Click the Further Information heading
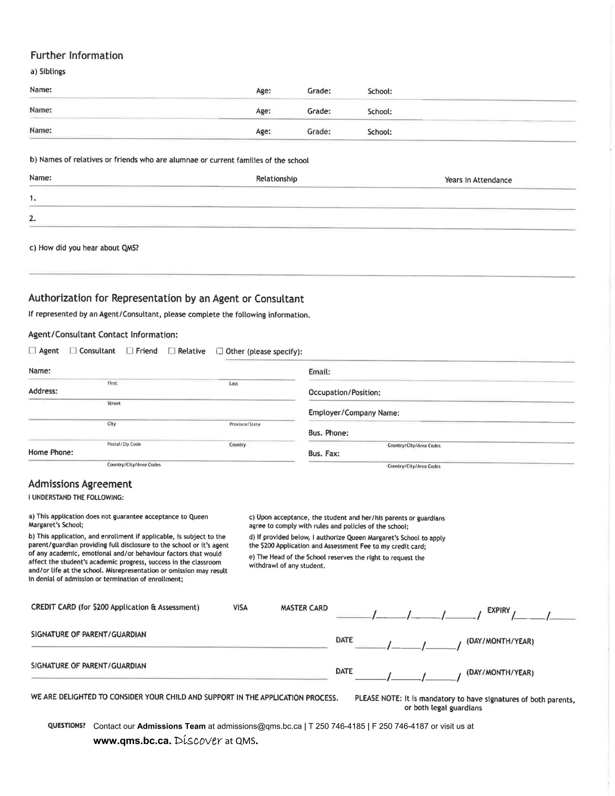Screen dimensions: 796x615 click(77, 55)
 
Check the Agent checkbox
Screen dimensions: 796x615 click(32, 350)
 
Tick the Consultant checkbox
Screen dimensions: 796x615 click(73, 350)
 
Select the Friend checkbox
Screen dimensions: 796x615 click(130, 351)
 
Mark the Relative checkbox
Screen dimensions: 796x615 click(171, 351)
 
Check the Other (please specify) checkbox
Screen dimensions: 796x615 click(219, 351)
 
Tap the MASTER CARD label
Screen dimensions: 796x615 click(304, 608)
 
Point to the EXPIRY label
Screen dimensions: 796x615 click(498, 610)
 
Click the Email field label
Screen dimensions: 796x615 click(319, 372)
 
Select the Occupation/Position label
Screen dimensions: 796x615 click(344, 393)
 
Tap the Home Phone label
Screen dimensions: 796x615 click(51, 452)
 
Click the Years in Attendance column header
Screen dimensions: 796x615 click(478, 180)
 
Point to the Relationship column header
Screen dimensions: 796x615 click(277, 179)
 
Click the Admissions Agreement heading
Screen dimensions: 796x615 click(80, 484)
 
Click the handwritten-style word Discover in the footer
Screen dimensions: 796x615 click(198, 741)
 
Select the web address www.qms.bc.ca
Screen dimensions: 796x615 click(132, 741)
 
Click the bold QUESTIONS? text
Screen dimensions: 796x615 click(66, 726)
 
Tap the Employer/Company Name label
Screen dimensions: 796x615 click(354, 413)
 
